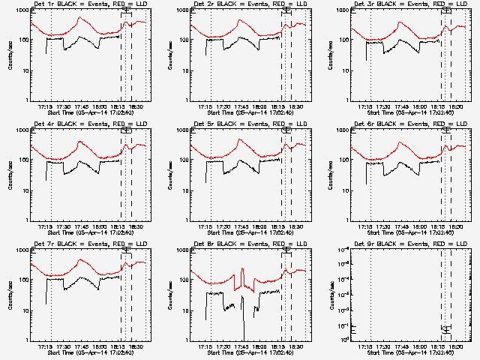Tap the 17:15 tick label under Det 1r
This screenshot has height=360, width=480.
point(46,106)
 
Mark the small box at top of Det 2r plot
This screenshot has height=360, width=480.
point(286,10)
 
